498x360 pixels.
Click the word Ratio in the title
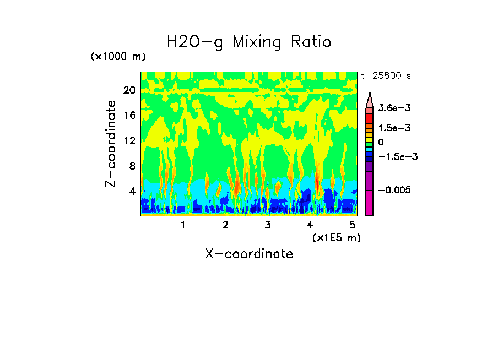[x=312, y=42]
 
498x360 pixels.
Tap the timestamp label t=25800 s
[x=386, y=75]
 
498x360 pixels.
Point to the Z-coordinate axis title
[x=111, y=144]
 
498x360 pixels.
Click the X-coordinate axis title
[x=249, y=254]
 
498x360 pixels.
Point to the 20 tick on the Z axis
[x=129, y=90]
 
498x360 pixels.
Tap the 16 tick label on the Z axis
[x=129, y=116]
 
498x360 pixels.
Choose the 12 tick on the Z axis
[x=129, y=141]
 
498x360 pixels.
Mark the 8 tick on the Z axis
[x=131, y=166]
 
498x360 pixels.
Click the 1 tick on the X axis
[x=183, y=225]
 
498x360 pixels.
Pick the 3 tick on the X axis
[x=268, y=225]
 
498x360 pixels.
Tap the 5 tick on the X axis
[x=353, y=225]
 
